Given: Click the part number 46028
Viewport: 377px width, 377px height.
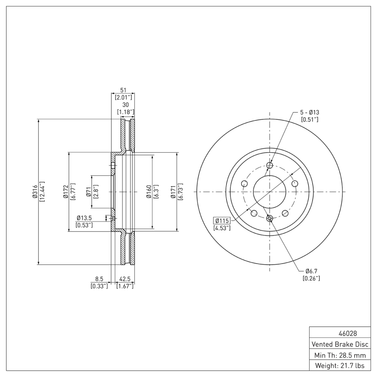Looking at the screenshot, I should pyautogui.click(x=341, y=333).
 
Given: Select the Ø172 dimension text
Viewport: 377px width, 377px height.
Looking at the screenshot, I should pyautogui.click(x=66, y=192).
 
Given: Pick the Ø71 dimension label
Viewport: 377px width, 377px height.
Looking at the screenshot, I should pyautogui.click(x=88, y=192).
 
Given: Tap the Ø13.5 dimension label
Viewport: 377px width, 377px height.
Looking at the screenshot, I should pyautogui.click(x=84, y=218).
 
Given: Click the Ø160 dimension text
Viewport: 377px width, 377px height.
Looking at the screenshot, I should pyautogui.click(x=148, y=192).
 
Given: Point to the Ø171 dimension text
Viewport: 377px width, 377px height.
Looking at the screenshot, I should pyautogui.click(x=173, y=192).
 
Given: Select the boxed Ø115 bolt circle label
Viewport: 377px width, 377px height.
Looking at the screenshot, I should pyautogui.click(x=221, y=221).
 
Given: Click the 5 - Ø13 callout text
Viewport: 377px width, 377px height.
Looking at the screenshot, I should pyautogui.click(x=310, y=112).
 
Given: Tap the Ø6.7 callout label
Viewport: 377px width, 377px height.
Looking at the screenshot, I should pyautogui.click(x=311, y=271).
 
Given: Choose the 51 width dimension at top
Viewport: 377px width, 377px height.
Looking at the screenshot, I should pyautogui.click(x=123, y=90).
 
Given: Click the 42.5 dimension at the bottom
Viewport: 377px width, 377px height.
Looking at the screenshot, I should pyautogui.click(x=125, y=279).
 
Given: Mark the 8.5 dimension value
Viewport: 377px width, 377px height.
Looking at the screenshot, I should pyautogui.click(x=99, y=279).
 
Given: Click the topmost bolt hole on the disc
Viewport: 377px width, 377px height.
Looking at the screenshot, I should pyautogui.click(x=270, y=165).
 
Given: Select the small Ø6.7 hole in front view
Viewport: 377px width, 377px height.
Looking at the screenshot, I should pyautogui.click(x=270, y=218).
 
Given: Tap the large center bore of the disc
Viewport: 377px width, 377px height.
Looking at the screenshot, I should pyautogui.click(x=270, y=192).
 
